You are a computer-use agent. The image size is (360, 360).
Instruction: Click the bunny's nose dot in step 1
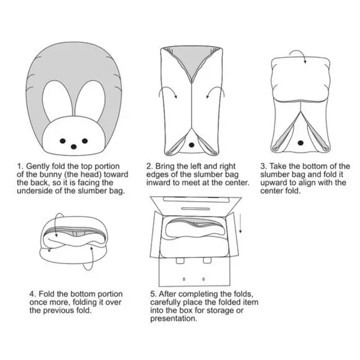73,146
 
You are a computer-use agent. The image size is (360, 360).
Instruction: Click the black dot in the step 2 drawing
191,145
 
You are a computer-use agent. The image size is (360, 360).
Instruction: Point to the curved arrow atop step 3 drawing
299,52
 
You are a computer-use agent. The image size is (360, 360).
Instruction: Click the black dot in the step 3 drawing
300,143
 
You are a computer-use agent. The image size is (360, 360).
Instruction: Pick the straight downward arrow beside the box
240,223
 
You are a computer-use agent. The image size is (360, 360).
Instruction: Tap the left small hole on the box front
184,279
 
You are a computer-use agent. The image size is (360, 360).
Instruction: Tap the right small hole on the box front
204,279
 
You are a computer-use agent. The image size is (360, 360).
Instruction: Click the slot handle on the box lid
196,209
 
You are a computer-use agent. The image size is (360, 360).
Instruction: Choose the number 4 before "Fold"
32,294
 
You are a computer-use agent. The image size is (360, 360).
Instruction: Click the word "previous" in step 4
59,310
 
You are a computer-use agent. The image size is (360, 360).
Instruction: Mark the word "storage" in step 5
221,310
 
